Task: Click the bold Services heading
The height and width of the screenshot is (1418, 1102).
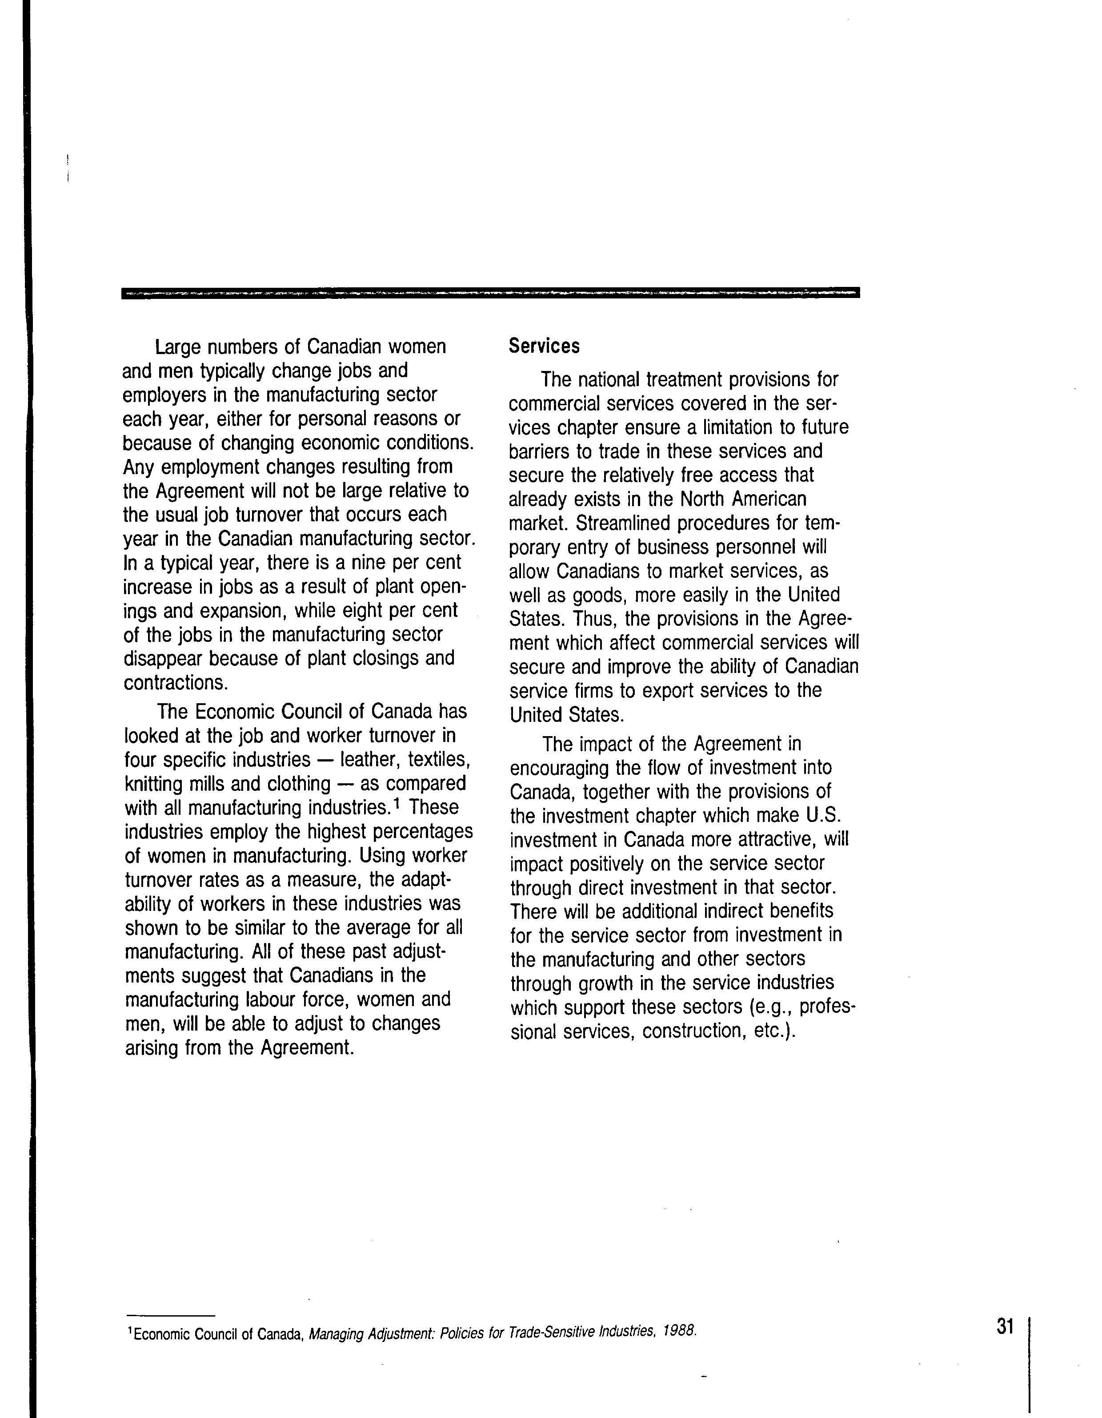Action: pos(544,346)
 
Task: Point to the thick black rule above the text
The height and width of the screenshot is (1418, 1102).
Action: pos(490,292)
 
